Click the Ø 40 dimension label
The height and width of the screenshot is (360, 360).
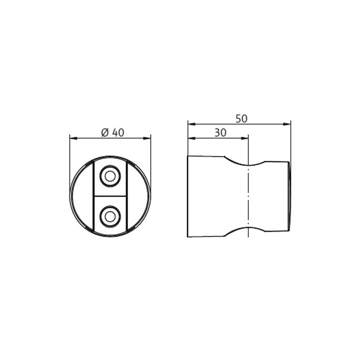click(111, 132)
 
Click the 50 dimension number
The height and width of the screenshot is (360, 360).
click(241, 119)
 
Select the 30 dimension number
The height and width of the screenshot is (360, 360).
click(220, 133)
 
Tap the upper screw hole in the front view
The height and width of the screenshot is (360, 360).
click(110, 177)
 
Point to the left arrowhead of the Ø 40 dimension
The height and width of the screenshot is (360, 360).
click(73, 139)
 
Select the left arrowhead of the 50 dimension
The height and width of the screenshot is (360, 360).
click(191, 125)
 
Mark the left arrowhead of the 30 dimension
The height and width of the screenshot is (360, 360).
click(191, 139)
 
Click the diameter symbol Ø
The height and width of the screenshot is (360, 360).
click(104, 132)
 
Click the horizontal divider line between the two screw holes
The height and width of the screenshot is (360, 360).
click(110, 196)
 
